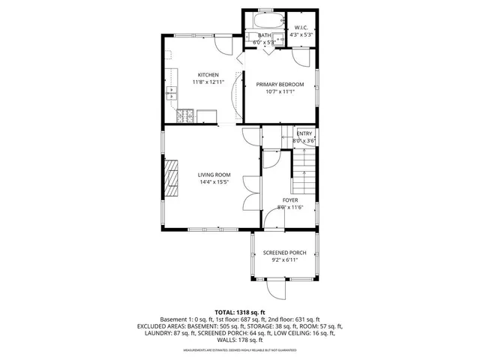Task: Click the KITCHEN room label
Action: (x=208, y=75)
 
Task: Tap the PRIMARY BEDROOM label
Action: (x=280, y=84)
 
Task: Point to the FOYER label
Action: (x=289, y=200)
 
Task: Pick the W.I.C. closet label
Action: (x=302, y=28)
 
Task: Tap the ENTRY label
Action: (x=304, y=133)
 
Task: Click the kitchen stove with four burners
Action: (x=184, y=116)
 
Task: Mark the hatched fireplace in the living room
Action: (x=172, y=178)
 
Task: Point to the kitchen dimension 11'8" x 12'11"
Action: (x=208, y=82)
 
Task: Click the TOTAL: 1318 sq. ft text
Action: (x=240, y=312)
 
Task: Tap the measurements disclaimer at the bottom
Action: (x=240, y=349)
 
